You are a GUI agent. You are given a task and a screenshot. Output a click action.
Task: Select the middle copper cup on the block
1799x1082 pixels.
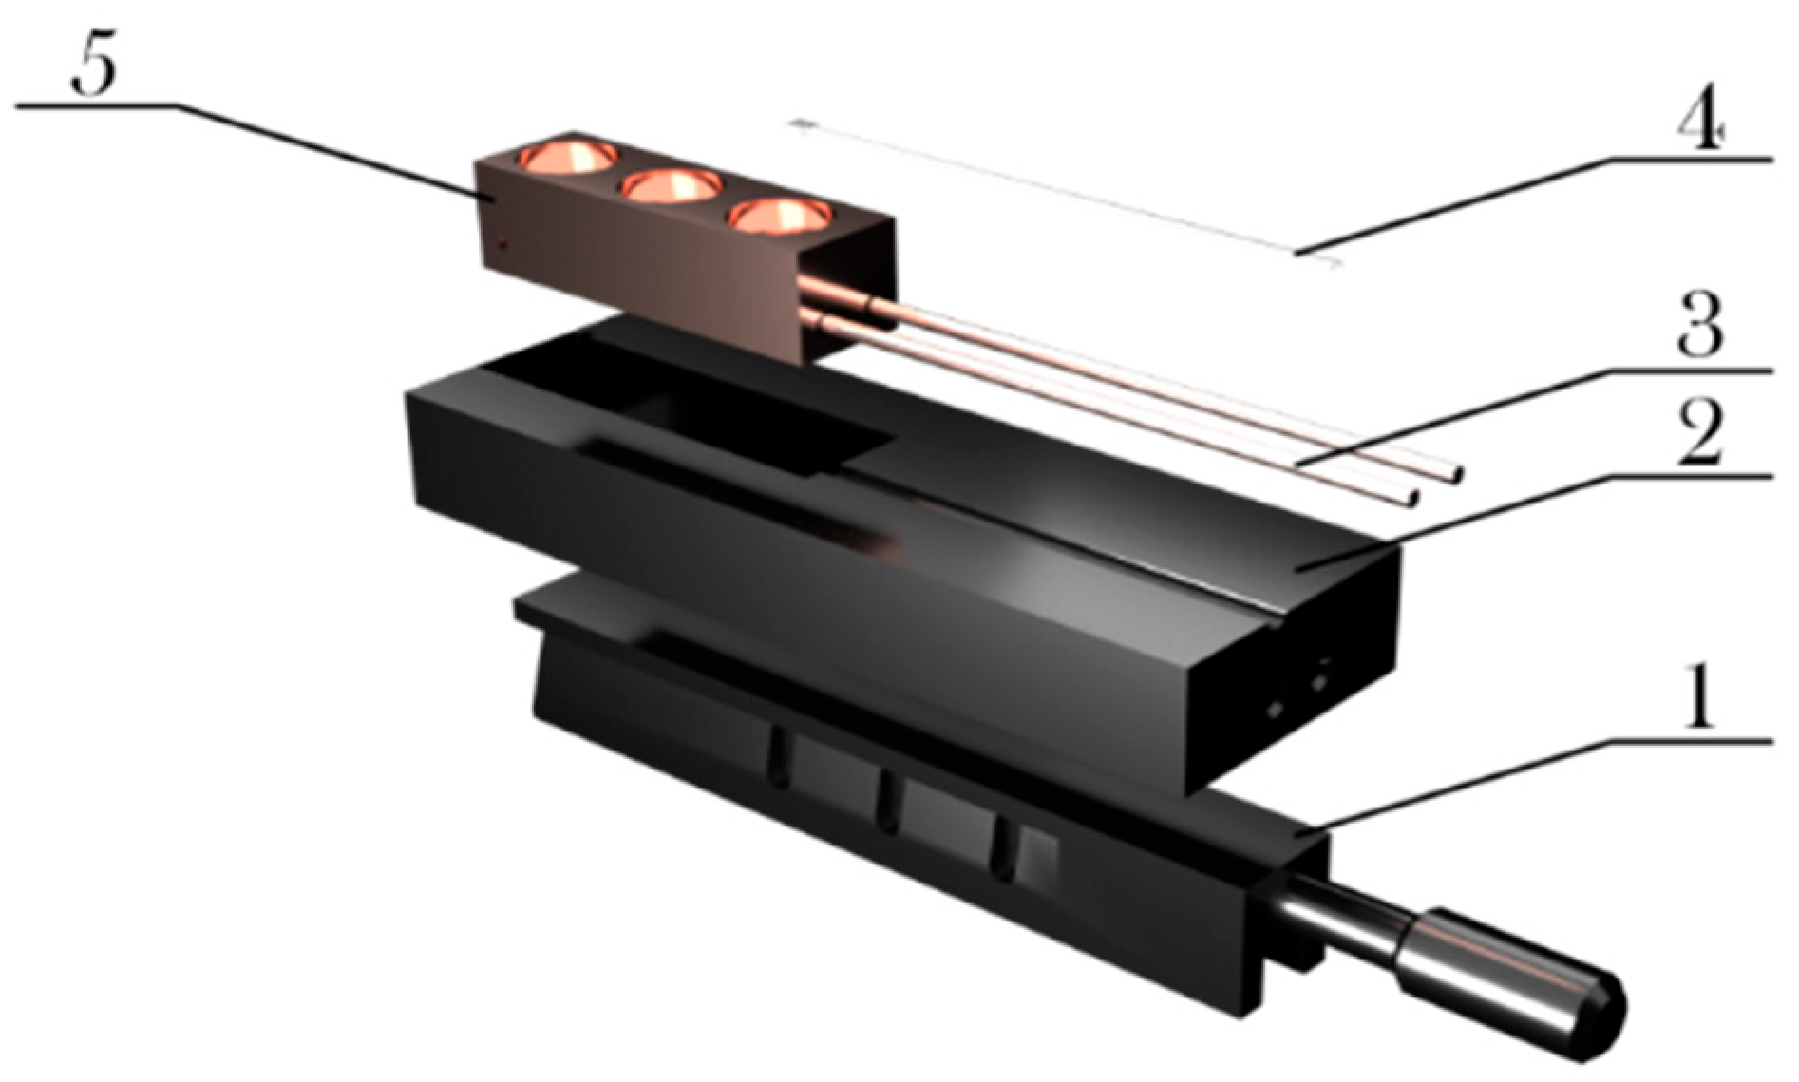(x=671, y=186)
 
